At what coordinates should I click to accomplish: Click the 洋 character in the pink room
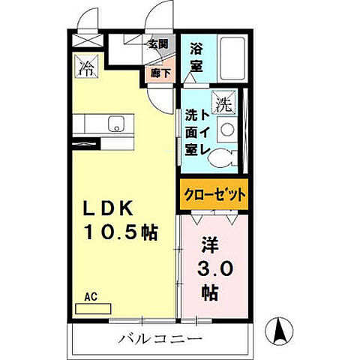coord(210,246)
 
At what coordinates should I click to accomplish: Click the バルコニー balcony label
coord(159,339)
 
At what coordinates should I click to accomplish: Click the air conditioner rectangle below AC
coord(91,307)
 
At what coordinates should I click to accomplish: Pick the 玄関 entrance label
coord(157,43)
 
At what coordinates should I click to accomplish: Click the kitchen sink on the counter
coord(116,124)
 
